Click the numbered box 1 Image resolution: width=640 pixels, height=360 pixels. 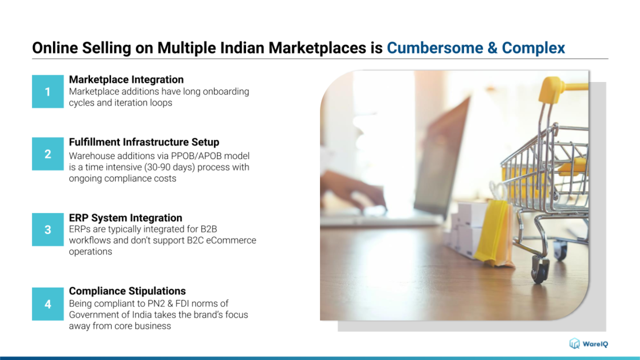[48, 92]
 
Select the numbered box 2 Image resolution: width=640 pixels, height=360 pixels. [48, 154]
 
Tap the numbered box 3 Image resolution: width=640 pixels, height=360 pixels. [48, 230]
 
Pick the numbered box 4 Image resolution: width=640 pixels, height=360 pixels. [48, 304]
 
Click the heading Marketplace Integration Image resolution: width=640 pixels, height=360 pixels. [126, 80]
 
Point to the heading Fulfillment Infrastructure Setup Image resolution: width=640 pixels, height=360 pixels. [144, 142]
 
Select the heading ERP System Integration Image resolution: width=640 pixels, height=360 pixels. [125, 218]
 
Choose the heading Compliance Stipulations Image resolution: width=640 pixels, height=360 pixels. [128, 291]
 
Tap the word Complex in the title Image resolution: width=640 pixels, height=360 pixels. [534, 48]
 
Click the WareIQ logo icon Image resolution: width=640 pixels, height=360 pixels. [575, 343]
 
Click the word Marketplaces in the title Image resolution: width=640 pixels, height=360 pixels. [317, 48]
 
